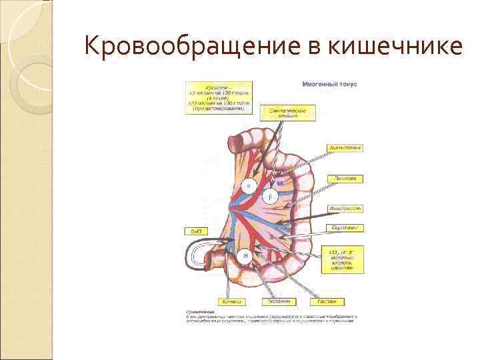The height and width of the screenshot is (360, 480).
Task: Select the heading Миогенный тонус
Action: (329, 85)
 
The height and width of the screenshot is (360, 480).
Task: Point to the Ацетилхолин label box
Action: (345, 148)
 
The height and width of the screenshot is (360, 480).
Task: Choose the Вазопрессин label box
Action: (345, 208)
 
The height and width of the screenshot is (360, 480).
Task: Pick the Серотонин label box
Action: (345, 227)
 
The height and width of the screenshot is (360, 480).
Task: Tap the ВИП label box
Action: (197, 231)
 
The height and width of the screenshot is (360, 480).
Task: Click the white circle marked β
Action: (269, 196)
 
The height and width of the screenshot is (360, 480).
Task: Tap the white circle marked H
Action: (246, 255)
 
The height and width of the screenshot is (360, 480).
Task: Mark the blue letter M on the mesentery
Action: (280, 183)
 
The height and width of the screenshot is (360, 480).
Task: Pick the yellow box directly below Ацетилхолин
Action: (345, 179)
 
